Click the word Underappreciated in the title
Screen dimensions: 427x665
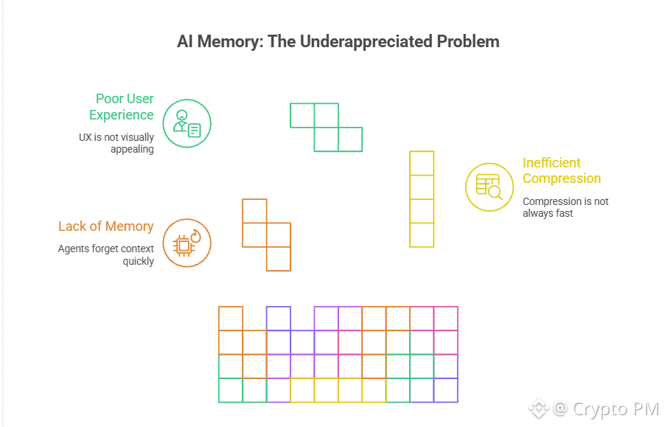click(x=358, y=41)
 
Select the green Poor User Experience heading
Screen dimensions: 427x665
click(x=122, y=107)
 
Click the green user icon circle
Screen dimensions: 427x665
click(x=187, y=123)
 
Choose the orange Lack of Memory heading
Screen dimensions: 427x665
click(x=106, y=226)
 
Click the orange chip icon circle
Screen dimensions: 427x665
click(x=187, y=243)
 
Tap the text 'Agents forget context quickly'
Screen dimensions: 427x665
click(x=106, y=255)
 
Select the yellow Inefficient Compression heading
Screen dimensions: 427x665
click(x=562, y=170)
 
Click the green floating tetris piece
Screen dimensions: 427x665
click(x=327, y=128)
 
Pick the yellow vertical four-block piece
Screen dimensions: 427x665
click(x=422, y=199)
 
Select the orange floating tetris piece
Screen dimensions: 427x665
click(x=266, y=235)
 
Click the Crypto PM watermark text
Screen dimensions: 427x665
click(x=616, y=409)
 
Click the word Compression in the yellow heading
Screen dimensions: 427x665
click(x=562, y=178)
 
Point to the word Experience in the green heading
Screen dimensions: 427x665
click(x=122, y=115)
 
